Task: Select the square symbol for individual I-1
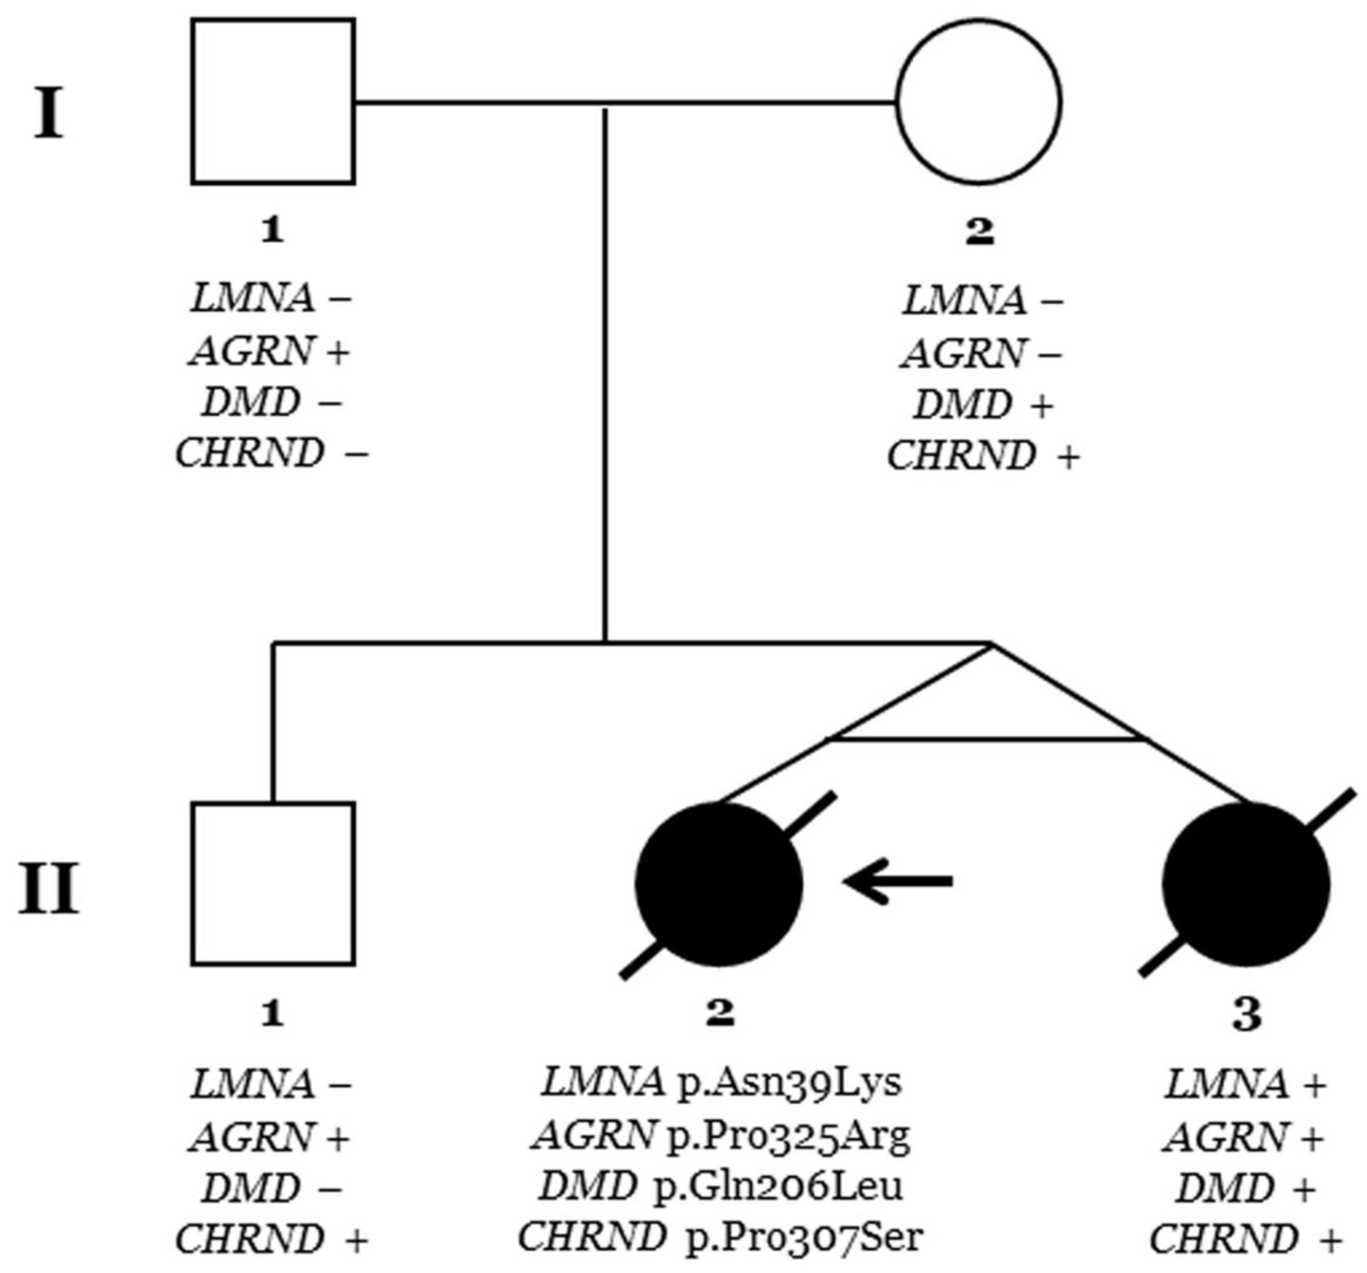[273, 102]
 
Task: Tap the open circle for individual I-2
[979, 102]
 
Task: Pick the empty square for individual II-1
[273, 884]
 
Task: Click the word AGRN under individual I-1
[251, 352]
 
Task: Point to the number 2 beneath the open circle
[979, 231]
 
